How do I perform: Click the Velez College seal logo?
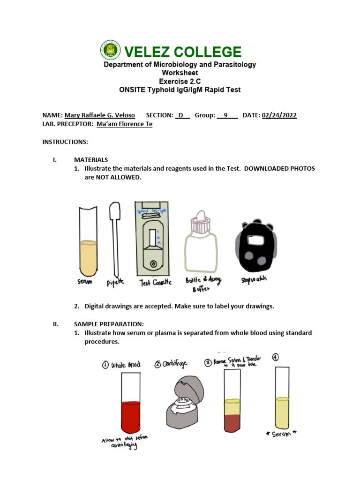point(111,52)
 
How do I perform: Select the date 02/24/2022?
point(279,115)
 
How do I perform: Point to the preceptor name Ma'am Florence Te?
point(124,124)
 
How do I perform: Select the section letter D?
point(180,115)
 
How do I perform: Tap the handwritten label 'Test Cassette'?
point(156,283)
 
